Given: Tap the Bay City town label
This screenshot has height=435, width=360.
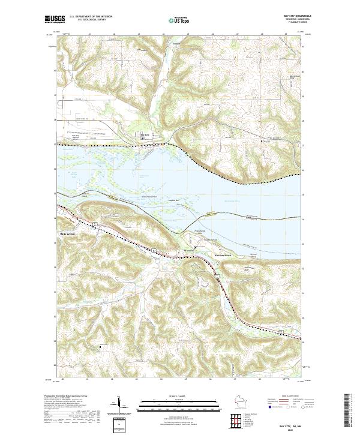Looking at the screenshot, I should [144, 135].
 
